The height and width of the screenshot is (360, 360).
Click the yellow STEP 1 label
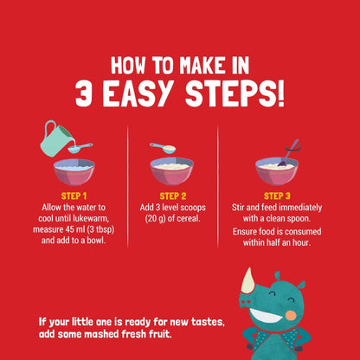(x=74, y=196)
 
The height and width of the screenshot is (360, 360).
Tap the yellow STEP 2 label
(x=173, y=196)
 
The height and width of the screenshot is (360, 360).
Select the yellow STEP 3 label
(x=277, y=196)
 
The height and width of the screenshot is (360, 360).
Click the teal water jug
(x=56, y=138)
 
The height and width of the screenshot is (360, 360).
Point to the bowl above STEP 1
(x=74, y=172)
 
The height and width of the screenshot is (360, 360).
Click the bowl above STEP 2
(x=172, y=171)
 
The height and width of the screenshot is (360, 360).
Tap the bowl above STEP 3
(x=277, y=171)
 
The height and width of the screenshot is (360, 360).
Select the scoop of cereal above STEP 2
(x=163, y=147)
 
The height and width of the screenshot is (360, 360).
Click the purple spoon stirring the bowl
(x=288, y=153)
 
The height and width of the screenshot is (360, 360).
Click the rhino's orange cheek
(x=291, y=315)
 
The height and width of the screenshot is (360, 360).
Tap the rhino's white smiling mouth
(x=265, y=316)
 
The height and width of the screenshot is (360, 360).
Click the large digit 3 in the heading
(x=84, y=93)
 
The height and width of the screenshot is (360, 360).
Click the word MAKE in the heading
(x=201, y=66)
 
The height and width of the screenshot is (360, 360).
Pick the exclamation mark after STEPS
(x=280, y=93)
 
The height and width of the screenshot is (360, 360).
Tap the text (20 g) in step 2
(x=155, y=219)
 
